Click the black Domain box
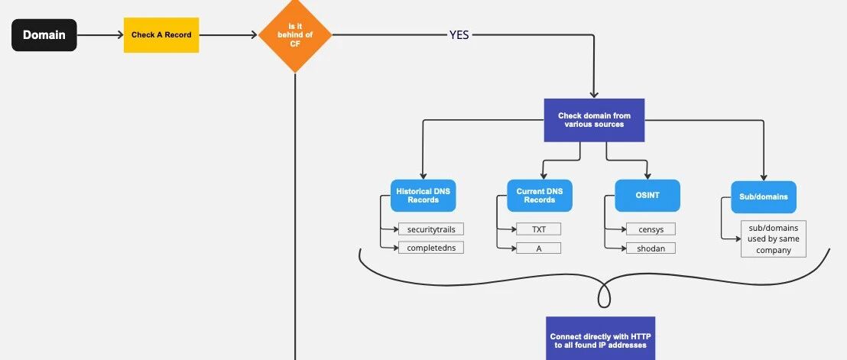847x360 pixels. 44,35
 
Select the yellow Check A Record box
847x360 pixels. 161,35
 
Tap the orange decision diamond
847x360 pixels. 295,35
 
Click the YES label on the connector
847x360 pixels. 459,35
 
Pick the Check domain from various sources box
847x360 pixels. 594,120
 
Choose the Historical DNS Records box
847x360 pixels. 423,196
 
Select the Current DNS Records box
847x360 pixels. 540,196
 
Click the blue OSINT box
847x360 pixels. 647,196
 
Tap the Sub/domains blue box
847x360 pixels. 764,197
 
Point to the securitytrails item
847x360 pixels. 431,229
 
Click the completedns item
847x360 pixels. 431,248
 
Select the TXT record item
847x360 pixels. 539,229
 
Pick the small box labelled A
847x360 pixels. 539,248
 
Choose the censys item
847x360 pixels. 651,229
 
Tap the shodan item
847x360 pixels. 651,248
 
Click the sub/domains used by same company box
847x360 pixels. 774,238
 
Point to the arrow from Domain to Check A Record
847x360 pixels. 100,35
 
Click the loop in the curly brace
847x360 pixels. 605,296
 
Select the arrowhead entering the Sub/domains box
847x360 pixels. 764,177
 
